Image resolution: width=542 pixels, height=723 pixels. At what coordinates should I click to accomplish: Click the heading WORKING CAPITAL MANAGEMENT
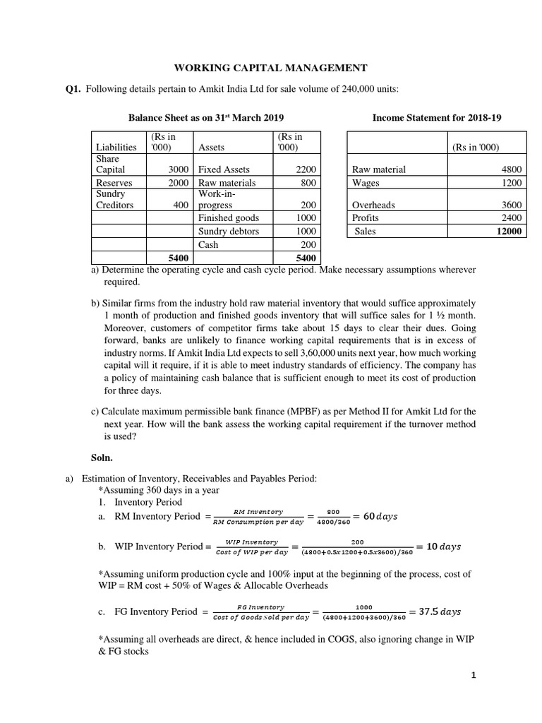point(271,68)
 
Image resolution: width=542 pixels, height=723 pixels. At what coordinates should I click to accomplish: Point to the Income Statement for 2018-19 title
point(437,118)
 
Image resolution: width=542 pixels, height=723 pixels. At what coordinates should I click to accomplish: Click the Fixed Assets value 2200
point(306,169)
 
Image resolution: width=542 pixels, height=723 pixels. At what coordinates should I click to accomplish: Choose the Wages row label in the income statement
point(366,182)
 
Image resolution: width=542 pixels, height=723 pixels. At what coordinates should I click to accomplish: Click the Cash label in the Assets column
point(208,244)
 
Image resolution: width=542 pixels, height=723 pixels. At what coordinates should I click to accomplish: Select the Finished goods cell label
point(229,218)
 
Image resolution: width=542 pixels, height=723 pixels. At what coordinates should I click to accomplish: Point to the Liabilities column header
point(116,147)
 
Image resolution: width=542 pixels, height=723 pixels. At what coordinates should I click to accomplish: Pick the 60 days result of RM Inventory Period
point(380,516)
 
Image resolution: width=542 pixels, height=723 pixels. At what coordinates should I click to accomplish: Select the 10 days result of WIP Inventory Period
point(447,546)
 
